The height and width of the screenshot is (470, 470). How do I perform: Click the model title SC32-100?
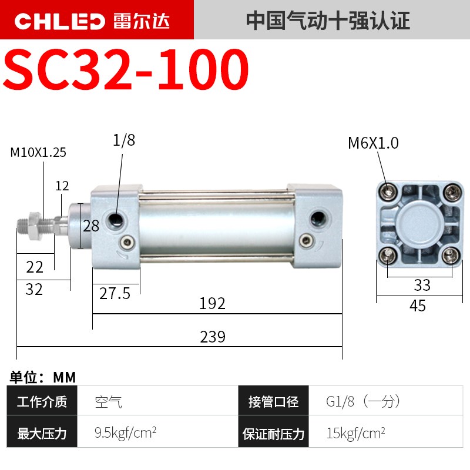point(126,70)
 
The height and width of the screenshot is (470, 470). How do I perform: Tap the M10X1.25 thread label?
point(38,153)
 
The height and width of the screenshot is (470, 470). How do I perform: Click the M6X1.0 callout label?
point(372,143)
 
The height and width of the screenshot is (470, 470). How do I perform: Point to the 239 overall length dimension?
point(213,337)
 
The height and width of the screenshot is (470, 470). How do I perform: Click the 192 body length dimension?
point(213,303)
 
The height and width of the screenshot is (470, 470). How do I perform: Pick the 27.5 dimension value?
point(114,293)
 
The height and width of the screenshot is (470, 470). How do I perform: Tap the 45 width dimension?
point(418,305)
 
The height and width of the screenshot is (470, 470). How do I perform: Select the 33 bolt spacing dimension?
point(422,286)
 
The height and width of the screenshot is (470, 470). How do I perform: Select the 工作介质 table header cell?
point(42,402)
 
